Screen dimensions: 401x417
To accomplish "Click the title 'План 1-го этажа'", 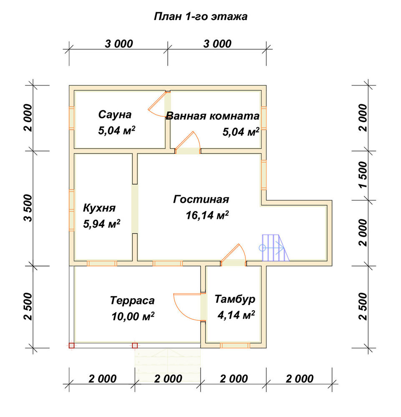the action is tap(201, 17).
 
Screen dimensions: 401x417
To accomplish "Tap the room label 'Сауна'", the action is tap(115, 115).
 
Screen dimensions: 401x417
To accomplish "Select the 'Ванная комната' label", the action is tap(213, 116).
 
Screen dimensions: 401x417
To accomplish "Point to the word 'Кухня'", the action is tap(99, 208).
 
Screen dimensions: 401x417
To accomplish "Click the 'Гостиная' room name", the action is tap(201, 199).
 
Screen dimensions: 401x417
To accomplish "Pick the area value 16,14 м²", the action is tap(207, 216).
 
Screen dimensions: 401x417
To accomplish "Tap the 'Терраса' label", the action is tap(132, 301).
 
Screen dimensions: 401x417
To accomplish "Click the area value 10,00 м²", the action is tap(133, 317).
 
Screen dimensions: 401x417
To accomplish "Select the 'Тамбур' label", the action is tap(235, 299).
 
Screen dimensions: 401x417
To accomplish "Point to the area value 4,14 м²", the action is tap(236, 315).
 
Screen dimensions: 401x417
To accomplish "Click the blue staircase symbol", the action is tap(274, 248).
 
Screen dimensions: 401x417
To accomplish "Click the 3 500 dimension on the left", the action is tap(28, 208).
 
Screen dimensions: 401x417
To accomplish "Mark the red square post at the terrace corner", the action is tap(71, 345).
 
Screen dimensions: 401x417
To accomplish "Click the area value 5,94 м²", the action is tap(102, 224).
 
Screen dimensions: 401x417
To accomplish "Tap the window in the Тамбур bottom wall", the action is tap(235, 345).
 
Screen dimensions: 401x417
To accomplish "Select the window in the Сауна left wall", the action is tap(71, 118).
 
